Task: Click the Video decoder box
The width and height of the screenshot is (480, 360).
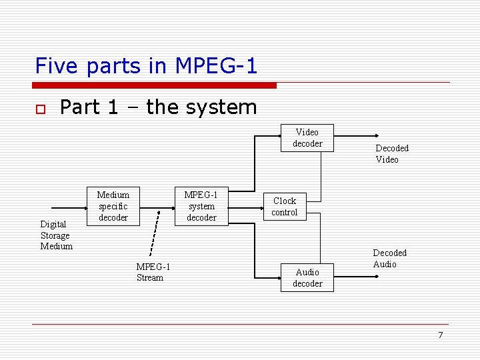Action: click(x=307, y=138)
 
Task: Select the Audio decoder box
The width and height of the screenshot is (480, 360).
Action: click(x=307, y=277)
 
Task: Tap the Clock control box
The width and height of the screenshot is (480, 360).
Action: click(x=285, y=207)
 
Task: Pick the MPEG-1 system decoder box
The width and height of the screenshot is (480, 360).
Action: click(x=201, y=206)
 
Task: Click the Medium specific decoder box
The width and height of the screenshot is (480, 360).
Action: click(x=113, y=206)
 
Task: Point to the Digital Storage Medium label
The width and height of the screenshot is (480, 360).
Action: click(x=56, y=235)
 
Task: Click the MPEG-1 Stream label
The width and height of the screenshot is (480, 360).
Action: click(x=153, y=272)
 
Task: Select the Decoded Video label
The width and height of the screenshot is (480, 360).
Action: click(x=391, y=154)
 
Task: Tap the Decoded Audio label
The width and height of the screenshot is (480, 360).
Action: click(x=389, y=259)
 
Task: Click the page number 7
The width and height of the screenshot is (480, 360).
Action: click(x=440, y=335)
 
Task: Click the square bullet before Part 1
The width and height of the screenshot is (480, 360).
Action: click(x=39, y=109)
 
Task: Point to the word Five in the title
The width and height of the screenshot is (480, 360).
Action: click(x=57, y=66)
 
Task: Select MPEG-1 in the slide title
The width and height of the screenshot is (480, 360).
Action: click(x=216, y=66)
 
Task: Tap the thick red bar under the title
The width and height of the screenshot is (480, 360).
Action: click(x=154, y=85)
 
